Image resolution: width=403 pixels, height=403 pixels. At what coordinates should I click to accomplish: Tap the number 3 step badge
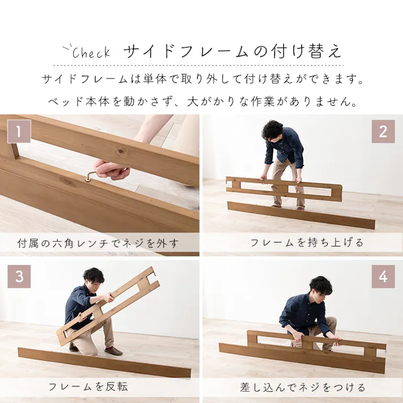[x=19, y=277]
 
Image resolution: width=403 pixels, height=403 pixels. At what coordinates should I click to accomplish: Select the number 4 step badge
[x=383, y=277]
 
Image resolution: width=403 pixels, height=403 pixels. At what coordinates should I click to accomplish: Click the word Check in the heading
[x=91, y=53]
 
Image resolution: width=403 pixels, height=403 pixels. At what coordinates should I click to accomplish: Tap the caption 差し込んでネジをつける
[x=302, y=387]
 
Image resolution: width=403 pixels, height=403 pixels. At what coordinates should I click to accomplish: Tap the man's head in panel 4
[x=320, y=287]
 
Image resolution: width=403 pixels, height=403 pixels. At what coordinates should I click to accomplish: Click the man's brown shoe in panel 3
[x=114, y=350]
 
